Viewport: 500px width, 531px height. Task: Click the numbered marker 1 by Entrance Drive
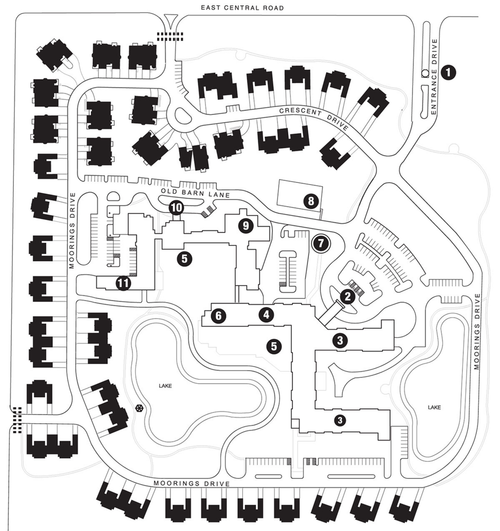(x=450, y=72)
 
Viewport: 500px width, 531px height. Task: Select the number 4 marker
(x=266, y=313)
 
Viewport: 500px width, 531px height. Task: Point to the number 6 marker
(x=219, y=316)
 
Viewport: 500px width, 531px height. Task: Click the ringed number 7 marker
(x=321, y=242)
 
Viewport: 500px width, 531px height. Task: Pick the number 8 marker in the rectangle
(x=311, y=201)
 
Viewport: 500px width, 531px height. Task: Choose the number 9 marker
(x=246, y=225)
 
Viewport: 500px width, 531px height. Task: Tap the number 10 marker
(x=176, y=208)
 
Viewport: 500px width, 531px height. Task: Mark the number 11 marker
(x=123, y=282)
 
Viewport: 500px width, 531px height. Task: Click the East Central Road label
(x=243, y=8)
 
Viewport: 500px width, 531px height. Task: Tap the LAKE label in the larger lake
(x=165, y=385)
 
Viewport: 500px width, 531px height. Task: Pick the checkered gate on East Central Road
(x=170, y=36)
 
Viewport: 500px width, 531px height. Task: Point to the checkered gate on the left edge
(x=17, y=420)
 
